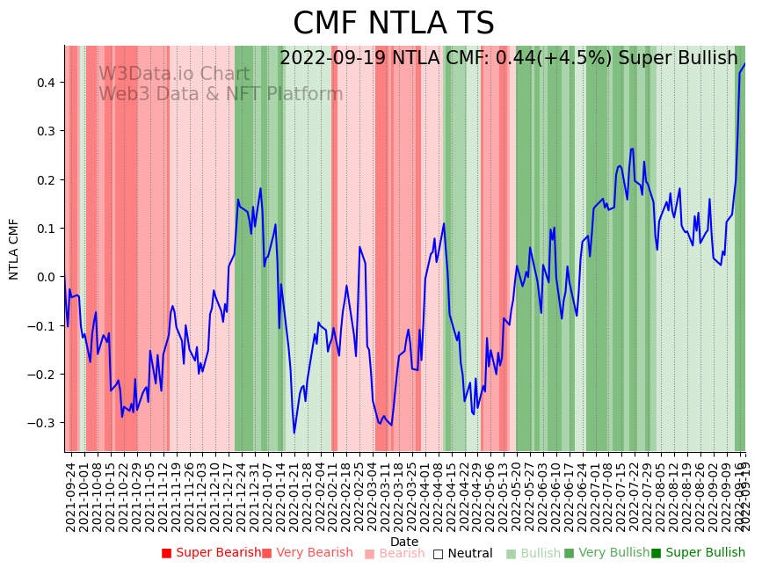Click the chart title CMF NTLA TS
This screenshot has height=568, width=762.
[393, 24]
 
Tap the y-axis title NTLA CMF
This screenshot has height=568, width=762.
[14, 249]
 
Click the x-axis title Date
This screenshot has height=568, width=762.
[404, 542]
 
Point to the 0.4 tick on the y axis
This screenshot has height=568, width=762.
[45, 83]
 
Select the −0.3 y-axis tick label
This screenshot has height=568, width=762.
[42, 423]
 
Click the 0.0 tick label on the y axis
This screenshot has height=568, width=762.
[45, 277]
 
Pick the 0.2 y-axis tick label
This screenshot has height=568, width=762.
[45, 180]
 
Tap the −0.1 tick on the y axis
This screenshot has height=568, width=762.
[42, 326]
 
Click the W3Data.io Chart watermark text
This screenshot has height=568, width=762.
[174, 74]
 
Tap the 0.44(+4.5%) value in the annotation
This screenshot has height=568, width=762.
[552, 59]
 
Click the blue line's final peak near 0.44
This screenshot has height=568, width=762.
[744, 63]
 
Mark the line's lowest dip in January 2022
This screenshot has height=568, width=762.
[294, 433]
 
